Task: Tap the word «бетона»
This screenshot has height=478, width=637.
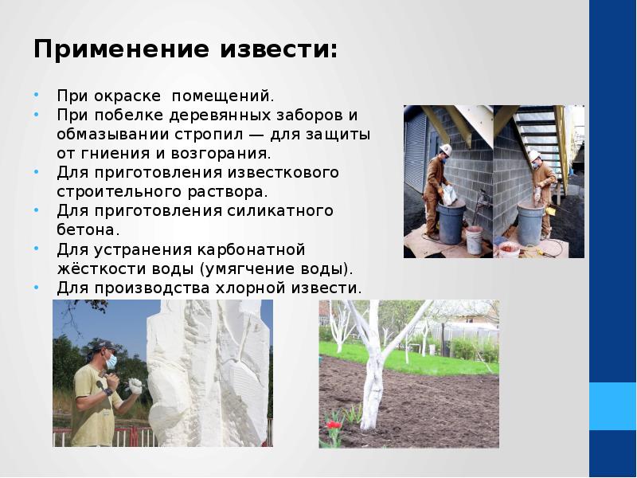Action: pyautogui.click(x=88, y=229)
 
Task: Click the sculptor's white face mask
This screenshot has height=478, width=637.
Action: pyautogui.click(x=111, y=362)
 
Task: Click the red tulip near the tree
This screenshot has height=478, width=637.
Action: pyautogui.click(x=334, y=426)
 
